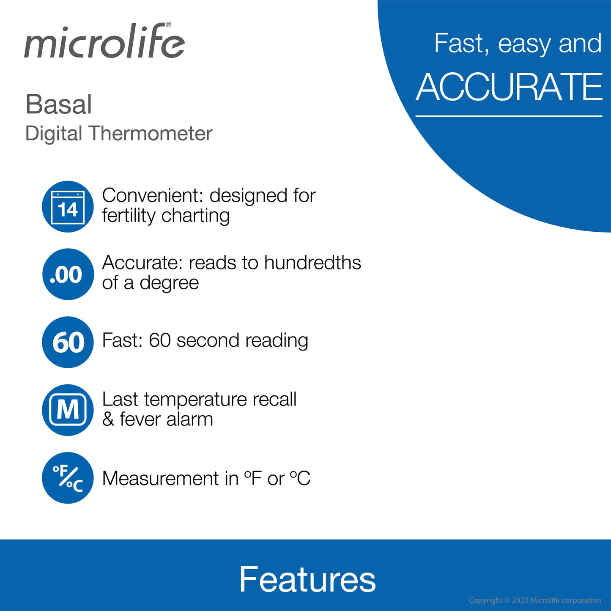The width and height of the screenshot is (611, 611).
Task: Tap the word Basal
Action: click(x=58, y=104)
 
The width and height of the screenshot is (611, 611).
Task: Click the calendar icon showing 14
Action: click(x=68, y=207)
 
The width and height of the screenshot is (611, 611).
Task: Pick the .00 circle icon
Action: click(x=68, y=274)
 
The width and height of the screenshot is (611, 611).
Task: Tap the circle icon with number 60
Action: click(x=68, y=342)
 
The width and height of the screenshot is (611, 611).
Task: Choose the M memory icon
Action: click(x=68, y=410)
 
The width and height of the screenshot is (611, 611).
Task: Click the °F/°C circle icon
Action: click(x=68, y=478)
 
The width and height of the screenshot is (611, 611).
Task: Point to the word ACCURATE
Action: click(x=509, y=87)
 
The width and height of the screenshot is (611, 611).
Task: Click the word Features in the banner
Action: click(x=307, y=579)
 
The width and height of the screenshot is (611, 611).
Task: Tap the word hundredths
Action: click(x=312, y=263)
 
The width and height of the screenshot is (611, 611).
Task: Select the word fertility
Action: click(x=129, y=216)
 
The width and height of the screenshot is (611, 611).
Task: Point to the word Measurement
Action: click(x=159, y=479)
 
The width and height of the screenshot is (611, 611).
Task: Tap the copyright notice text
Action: click(x=534, y=600)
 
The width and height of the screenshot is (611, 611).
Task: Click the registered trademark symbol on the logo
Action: click(x=168, y=25)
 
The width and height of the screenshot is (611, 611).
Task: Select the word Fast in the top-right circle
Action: click(x=459, y=43)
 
